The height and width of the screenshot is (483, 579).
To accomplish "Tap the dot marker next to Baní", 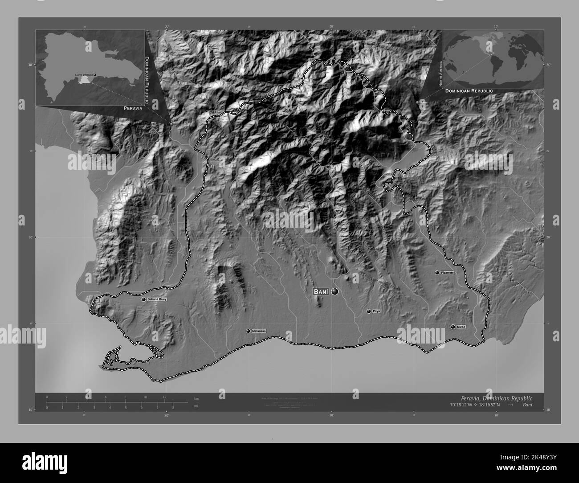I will (334, 292).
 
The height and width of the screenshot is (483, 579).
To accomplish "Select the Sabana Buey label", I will (157, 300).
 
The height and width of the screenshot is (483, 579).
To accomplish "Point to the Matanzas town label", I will (259, 331).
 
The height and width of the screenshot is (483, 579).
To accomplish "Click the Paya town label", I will (376, 311).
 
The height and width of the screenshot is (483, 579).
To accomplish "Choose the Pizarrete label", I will (447, 272).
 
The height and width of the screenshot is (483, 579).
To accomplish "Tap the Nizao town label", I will (461, 327).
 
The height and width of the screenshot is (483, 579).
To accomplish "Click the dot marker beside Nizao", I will (453, 327).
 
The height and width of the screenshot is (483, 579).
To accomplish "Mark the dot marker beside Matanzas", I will (248, 331).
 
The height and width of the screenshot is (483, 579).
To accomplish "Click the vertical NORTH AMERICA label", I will (441, 74).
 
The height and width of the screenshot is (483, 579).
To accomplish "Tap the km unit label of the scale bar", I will (196, 398).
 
